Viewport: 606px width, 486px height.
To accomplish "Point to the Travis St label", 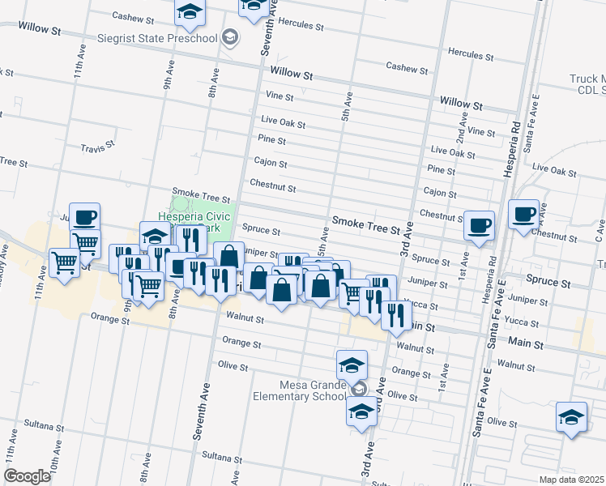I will (x=99, y=148).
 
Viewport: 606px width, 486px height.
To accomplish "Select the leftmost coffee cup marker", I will (x=85, y=216).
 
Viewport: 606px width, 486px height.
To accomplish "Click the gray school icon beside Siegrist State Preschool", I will (x=231, y=37).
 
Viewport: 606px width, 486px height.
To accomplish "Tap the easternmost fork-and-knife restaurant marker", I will (x=395, y=313).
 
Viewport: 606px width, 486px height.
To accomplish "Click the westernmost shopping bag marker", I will (x=229, y=256).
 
